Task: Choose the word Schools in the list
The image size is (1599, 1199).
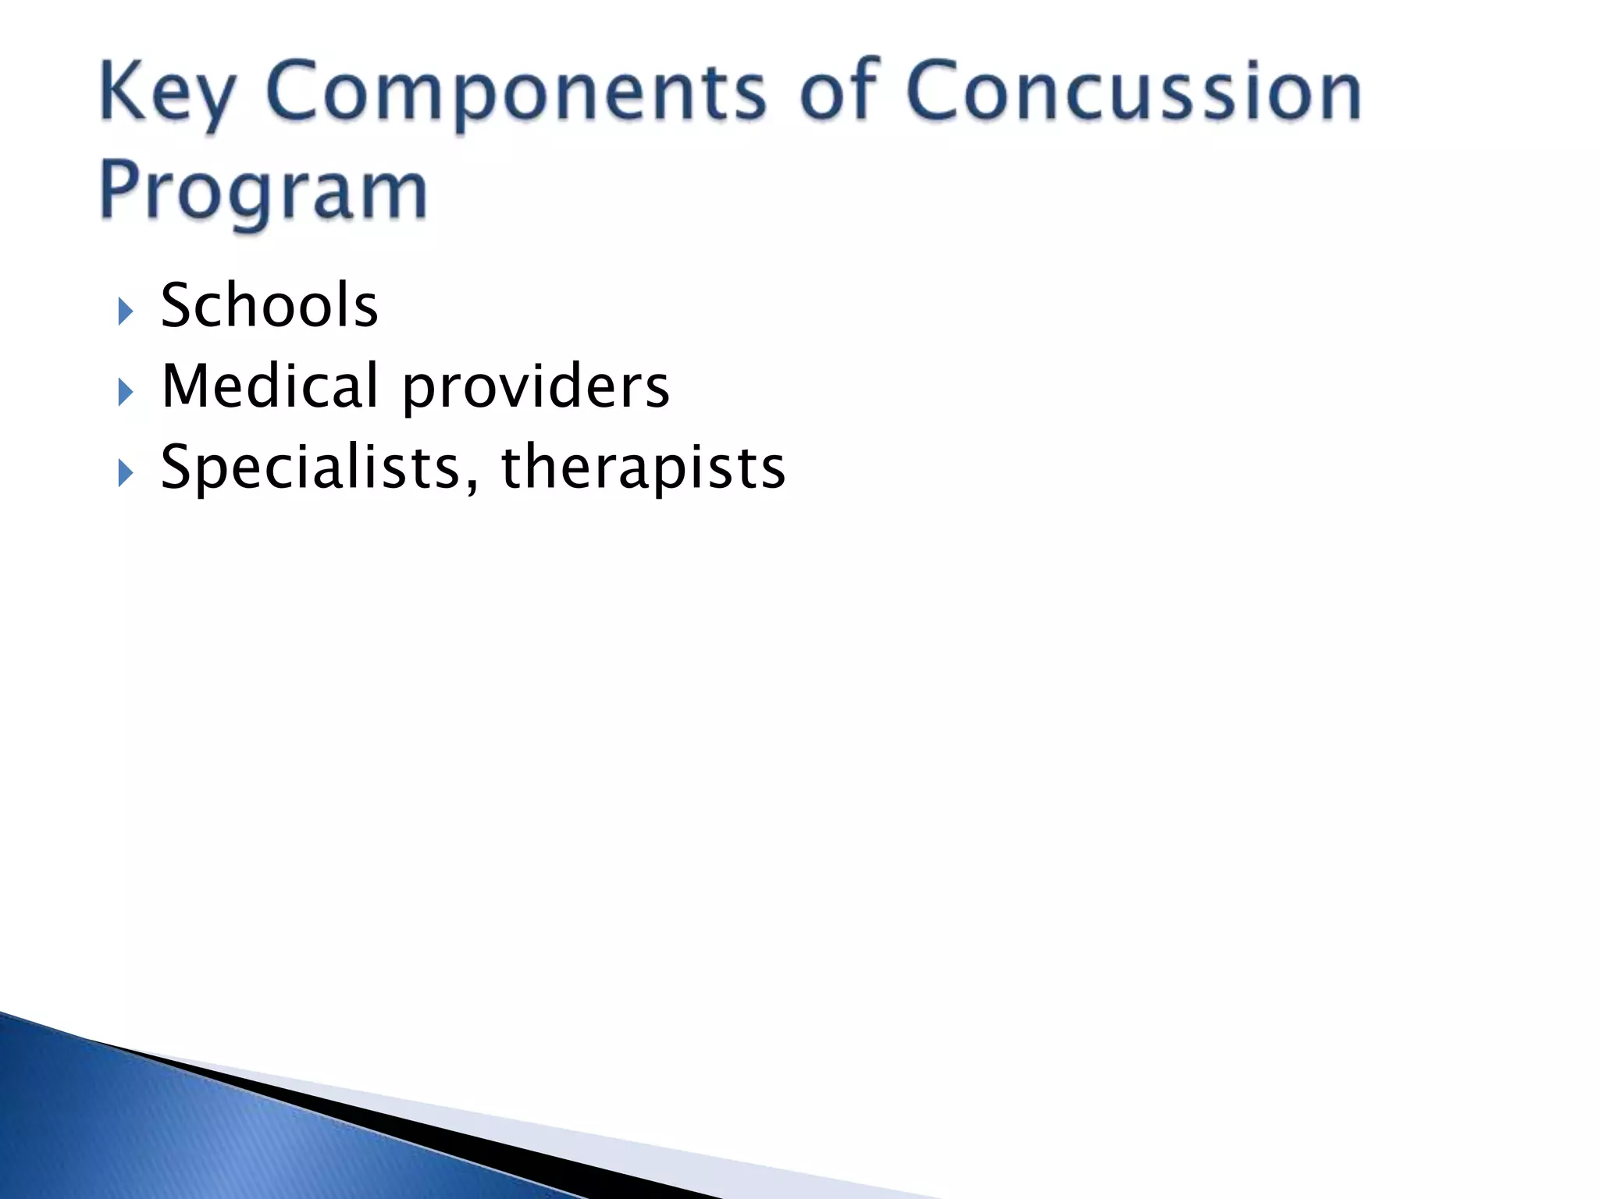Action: pos(269,305)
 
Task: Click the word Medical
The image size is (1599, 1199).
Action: pos(269,386)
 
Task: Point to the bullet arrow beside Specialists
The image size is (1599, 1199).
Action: pos(125,473)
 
